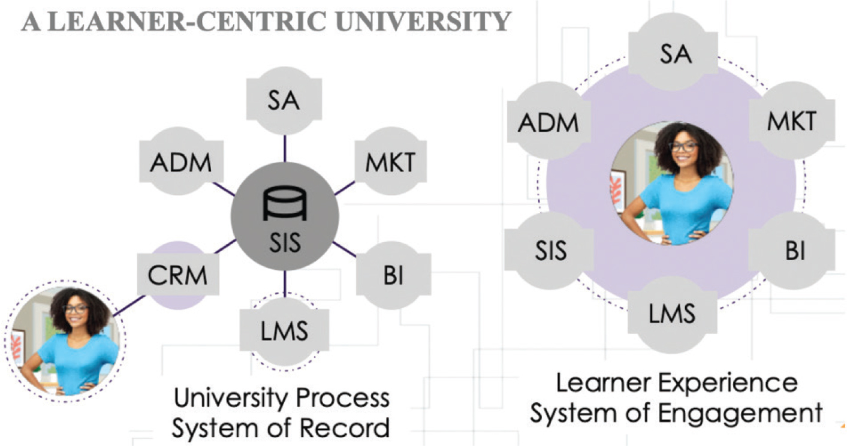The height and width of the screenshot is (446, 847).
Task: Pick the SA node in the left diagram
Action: click(x=284, y=100)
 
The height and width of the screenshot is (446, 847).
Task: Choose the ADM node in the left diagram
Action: click(x=180, y=162)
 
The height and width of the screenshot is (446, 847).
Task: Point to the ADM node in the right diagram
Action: click(x=548, y=122)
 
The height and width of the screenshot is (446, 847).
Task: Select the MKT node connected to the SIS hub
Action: click(x=390, y=161)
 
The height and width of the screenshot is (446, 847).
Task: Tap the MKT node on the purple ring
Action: click(x=791, y=120)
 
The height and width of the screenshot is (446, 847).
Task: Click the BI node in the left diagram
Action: click(x=393, y=276)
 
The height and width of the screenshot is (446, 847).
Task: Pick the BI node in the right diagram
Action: click(x=795, y=250)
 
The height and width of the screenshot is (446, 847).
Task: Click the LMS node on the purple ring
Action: click(x=672, y=312)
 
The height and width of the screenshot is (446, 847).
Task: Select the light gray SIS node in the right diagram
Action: click(x=550, y=249)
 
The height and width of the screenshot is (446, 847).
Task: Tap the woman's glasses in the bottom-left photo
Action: click(x=76, y=309)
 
